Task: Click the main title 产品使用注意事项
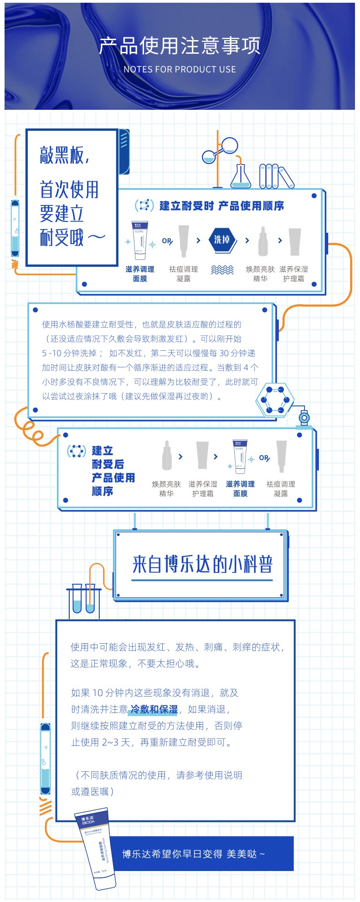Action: pos(180,46)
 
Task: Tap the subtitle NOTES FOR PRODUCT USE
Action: pos(180,70)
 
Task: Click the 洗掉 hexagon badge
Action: pos(222,240)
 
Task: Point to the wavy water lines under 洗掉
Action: pos(222,270)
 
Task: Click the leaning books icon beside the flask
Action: pos(276,176)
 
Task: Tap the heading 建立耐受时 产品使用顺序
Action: pos(221,206)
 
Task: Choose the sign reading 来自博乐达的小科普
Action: pos(202,564)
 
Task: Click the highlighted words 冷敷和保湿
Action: pos(154,709)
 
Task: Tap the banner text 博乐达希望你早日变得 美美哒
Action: pos(193,854)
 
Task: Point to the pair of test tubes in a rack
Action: pos(84,599)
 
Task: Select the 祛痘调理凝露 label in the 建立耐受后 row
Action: pos(281,488)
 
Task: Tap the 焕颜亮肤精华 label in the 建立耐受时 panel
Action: pos(260,273)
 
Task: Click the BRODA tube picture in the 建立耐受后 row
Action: pos(240,457)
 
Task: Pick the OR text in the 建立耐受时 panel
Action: pos(167,241)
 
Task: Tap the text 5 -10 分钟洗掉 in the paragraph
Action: pos(69,353)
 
